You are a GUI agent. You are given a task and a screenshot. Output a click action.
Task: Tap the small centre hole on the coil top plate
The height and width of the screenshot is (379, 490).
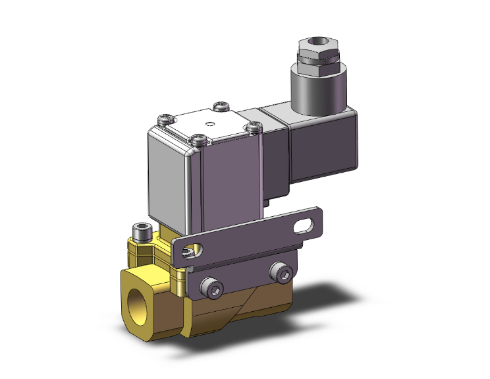tap(210, 123)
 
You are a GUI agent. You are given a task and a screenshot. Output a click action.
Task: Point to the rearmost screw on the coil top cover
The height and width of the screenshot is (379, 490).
tap(222, 105)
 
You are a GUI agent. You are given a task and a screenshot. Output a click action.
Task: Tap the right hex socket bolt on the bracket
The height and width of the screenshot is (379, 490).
tap(283, 272)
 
